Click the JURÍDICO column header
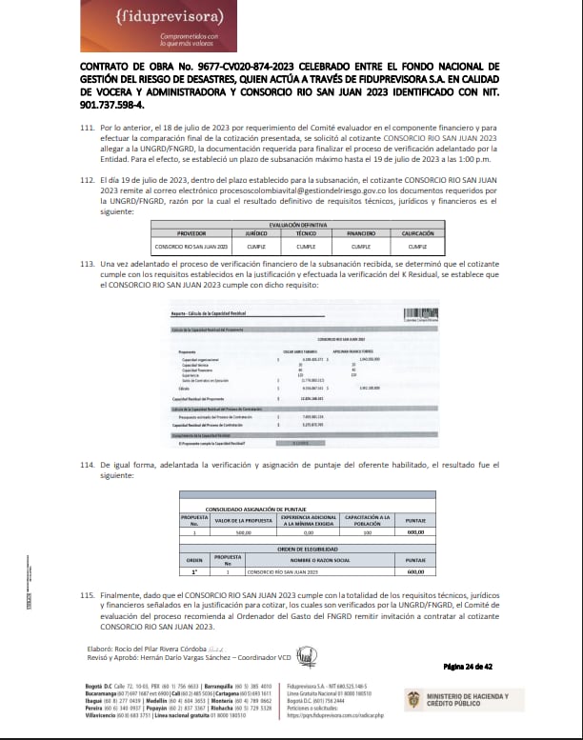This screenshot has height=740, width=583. [230, 231]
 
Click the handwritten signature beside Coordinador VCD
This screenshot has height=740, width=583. [306, 657]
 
